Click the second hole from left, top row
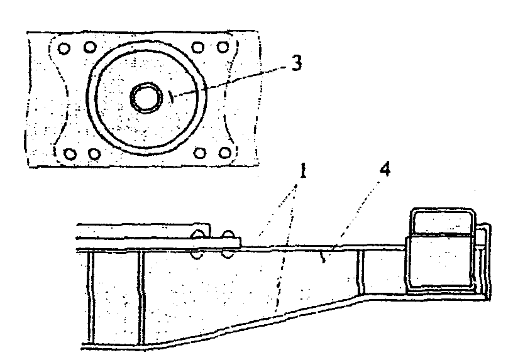[x=91, y=46]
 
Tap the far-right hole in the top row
[x=222, y=46]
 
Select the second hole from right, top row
[x=197, y=46]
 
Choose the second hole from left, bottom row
[x=94, y=153]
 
